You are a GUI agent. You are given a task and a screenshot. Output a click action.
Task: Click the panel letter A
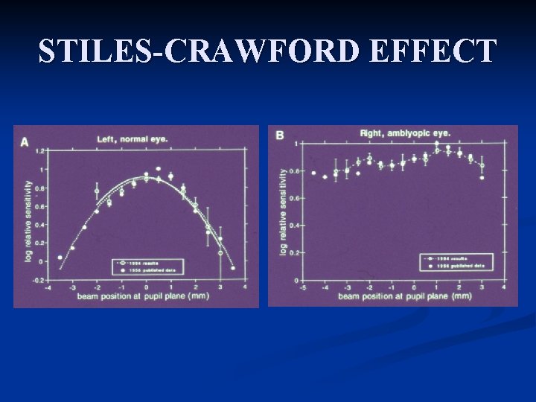(x=25, y=141)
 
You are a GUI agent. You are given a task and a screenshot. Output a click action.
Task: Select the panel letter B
(x=280, y=135)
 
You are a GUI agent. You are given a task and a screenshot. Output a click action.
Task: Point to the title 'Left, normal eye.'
(x=133, y=138)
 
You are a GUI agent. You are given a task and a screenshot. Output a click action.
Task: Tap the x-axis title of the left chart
(x=141, y=297)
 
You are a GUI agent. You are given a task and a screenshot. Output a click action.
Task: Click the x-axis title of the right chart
(x=404, y=296)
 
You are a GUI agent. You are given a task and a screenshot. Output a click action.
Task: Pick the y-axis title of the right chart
(x=283, y=212)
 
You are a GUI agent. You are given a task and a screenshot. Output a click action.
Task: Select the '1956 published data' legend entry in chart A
(x=153, y=270)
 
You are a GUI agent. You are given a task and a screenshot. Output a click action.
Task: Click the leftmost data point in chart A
(x=60, y=258)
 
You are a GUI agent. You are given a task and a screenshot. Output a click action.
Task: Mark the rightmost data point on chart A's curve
(x=233, y=268)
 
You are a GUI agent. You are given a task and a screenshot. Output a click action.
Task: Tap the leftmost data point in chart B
(x=313, y=173)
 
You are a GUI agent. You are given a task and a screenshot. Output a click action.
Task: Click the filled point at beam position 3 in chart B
(x=482, y=178)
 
